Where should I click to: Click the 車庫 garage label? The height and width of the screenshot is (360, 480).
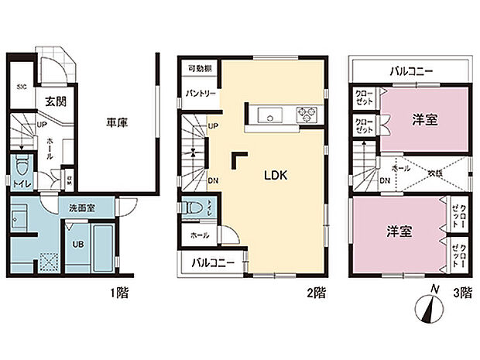118,120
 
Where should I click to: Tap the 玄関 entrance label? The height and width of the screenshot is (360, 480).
54,100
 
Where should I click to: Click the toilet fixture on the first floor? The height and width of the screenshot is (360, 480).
23,166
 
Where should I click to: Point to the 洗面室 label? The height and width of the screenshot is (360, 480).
81,208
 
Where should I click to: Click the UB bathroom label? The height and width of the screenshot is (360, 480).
79,244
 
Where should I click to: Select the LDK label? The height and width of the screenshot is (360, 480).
275,176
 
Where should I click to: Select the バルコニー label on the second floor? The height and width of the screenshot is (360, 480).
213,263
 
